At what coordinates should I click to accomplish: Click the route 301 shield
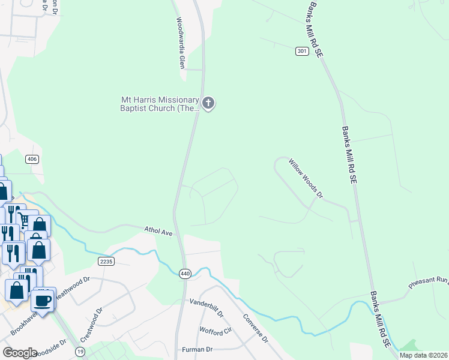(302, 52)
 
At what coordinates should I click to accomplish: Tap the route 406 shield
(32, 159)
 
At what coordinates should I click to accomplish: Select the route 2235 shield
(104, 261)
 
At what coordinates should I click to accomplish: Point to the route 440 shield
(185, 274)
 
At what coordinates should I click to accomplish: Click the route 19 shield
(80, 351)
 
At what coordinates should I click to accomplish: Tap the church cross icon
(208, 103)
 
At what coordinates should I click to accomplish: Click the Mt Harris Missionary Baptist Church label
(160, 104)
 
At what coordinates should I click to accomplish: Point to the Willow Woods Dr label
(306, 178)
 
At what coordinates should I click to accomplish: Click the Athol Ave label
(158, 231)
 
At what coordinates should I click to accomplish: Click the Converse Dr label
(255, 328)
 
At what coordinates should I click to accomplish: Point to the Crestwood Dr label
(92, 325)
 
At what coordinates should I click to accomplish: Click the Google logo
(20, 352)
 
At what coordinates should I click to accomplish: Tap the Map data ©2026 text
(423, 355)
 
